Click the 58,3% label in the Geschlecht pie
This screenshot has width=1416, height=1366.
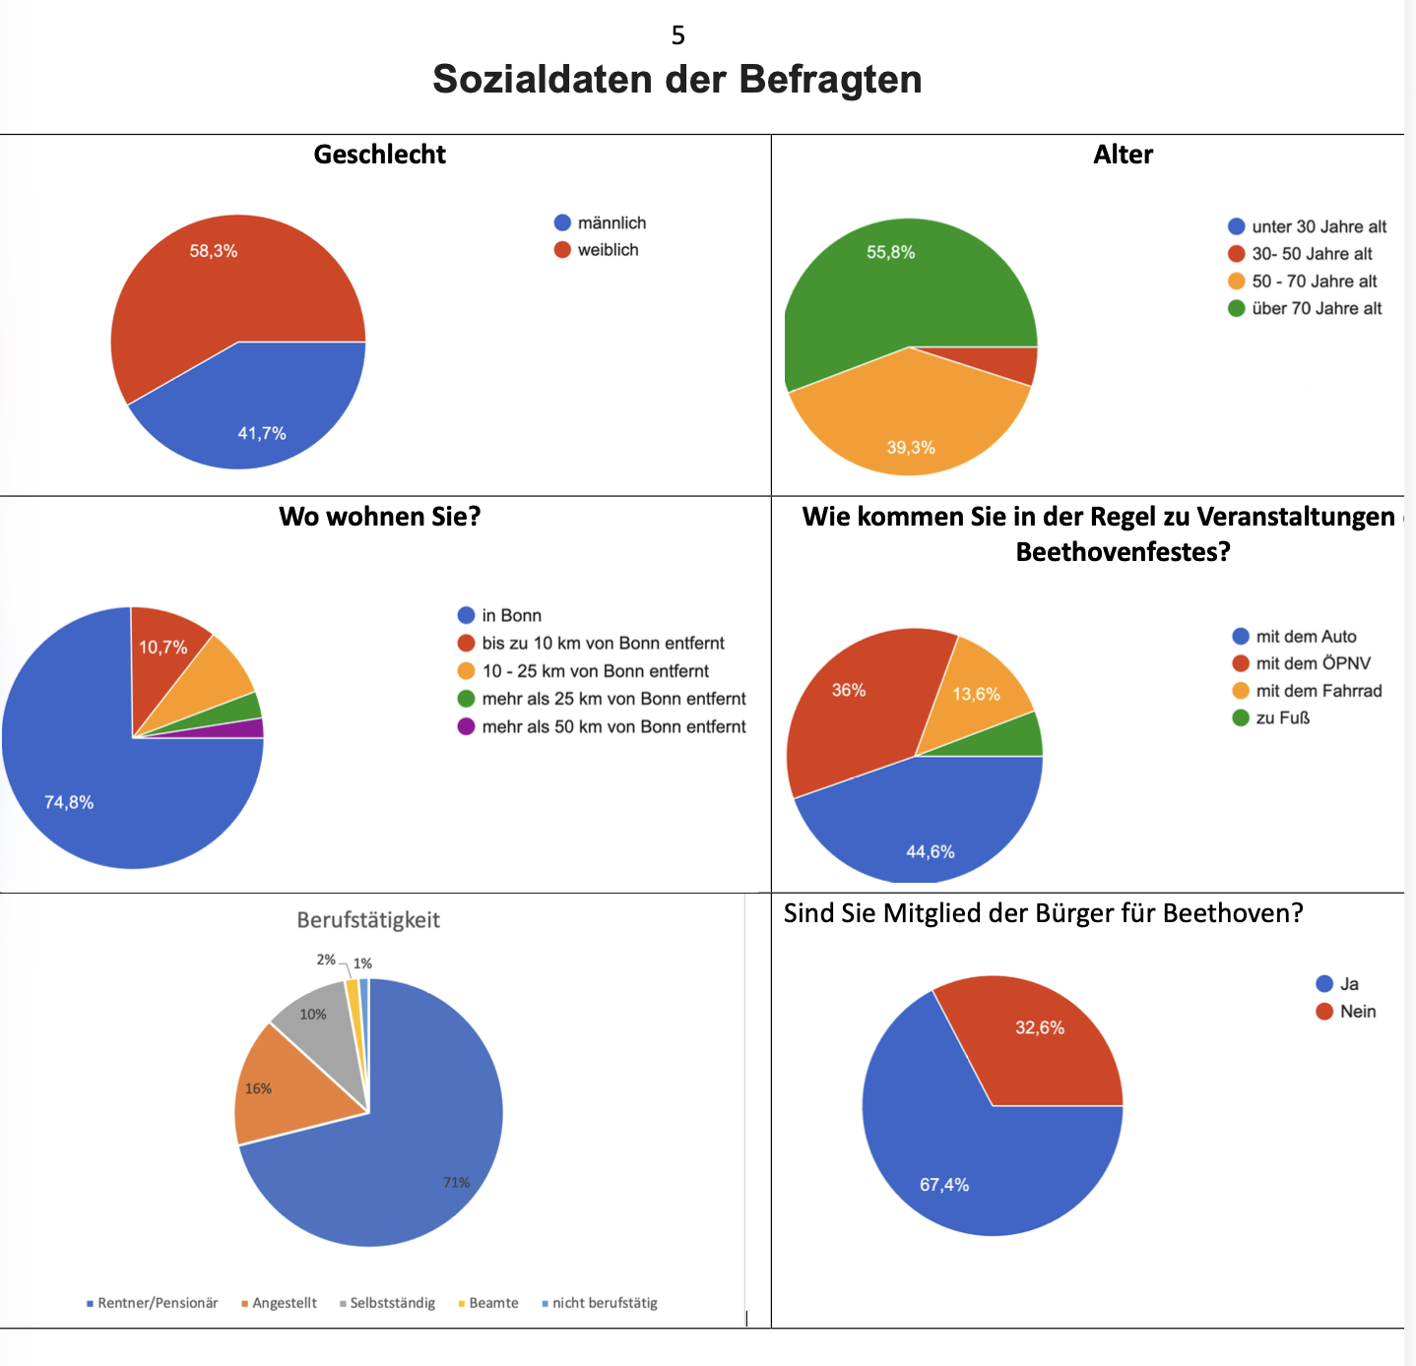pos(214,251)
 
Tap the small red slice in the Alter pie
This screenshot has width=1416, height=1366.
pos(1023,364)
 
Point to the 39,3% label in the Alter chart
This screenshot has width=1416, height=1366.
pos(911,448)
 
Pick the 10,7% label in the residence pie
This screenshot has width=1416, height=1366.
pos(162,648)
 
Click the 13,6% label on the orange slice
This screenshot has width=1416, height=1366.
pos(976,695)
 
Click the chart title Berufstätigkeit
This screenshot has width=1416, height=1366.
pos(368,920)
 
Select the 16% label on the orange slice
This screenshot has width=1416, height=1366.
pos(258,1088)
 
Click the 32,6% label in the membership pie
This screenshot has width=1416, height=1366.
pos(1040,1028)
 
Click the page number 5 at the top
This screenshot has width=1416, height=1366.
pos(677,35)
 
